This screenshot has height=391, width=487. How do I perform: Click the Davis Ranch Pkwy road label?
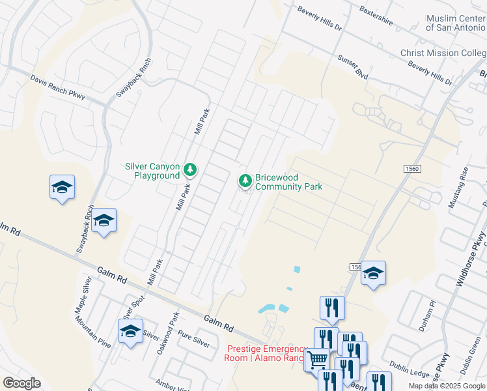pos(58,87)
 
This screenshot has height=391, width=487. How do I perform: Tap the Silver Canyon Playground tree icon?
pos(190,169)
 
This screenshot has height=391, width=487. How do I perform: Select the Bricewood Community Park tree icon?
pos(245,179)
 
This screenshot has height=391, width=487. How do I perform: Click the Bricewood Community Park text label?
pos(288,182)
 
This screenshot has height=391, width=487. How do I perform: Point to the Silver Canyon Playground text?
pos(152,171)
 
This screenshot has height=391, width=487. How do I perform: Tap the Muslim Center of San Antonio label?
pos(456,24)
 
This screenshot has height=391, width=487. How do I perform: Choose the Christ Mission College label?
pos(443,53)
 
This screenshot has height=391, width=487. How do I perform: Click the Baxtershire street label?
pos(376,15)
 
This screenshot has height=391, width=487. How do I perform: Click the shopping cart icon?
pos(317,358)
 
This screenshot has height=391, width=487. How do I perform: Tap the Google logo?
pos(21,383)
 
